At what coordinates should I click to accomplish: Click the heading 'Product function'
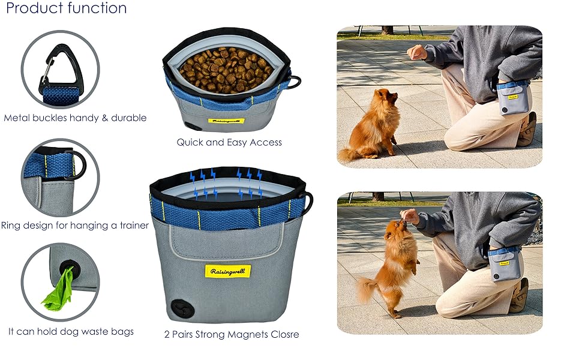(x=67, y=8)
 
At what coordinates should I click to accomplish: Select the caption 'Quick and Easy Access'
(x=229, y=142)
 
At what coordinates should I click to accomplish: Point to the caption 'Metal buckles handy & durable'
(x=75, y=118)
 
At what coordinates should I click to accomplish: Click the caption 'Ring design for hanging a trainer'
(x=75, y=226)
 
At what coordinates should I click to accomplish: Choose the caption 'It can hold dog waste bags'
(x=71, y=331)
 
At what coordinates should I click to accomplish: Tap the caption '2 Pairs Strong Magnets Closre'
(x=231, y=334)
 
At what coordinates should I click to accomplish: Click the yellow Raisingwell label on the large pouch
(x=227, y=271)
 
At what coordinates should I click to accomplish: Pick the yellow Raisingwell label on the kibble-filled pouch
(x=227, y=121)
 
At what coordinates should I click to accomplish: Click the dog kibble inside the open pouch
(x=227, y=70)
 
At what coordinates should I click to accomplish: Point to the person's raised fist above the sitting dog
(x=418, y=53)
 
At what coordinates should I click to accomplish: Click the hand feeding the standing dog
(x=410, y=216)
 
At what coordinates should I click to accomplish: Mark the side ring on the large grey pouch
(x=308, y=203)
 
